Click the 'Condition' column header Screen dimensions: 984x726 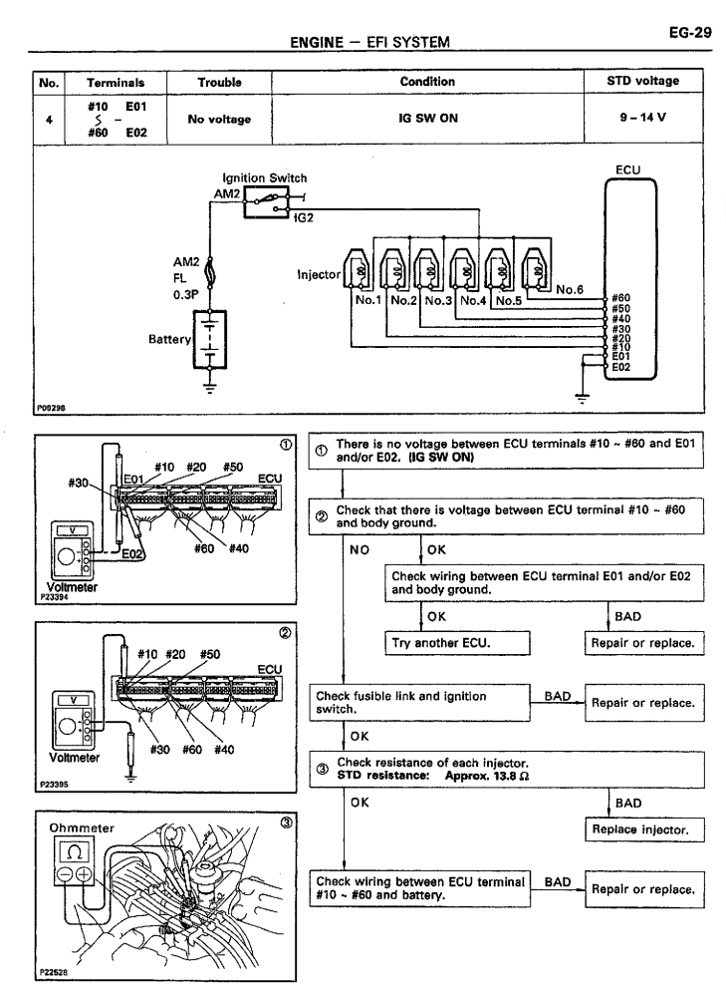pyautogui.click(x=427, y=82)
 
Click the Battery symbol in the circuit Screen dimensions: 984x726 pyautogui.click(x=210, y=340)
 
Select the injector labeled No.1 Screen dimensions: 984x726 pyautogui.click(x=359, y=268)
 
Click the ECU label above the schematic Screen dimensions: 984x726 pyautogui.click(x=628, y=170)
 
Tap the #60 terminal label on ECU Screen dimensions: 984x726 pyautogui.click(x=620, y=296)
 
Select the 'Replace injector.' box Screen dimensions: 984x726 pyautogui.click(x=642, y=828)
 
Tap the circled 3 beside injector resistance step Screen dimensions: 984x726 pyautogui.click(x=321, y=764)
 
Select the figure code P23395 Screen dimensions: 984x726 pyautogui.click(x=51, y=785)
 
